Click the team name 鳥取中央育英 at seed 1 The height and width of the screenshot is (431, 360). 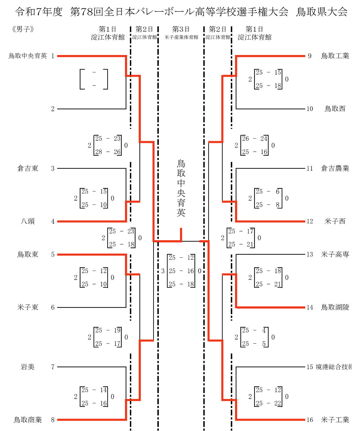coord(28,56)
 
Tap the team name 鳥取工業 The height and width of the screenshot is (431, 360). coord(335,56)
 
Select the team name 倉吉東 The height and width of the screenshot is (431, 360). coord(28,168)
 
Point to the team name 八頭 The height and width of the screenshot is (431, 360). coord(28,221)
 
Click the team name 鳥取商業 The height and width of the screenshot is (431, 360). coord(28,420)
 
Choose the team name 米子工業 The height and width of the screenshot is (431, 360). coord(335,420)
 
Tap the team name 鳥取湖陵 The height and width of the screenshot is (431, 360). coord(335,307)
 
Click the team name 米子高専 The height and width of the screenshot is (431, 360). coord(335,254)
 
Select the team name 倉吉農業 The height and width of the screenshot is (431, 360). coord(335,168)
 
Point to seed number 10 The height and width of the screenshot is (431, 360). coord(310,109)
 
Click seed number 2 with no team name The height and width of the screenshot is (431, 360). coord(53,109)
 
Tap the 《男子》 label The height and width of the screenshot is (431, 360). coord(23,30)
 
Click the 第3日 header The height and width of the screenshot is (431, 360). coord(181,29)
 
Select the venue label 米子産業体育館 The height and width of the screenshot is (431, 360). coord(181,37)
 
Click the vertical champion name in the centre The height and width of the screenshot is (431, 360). coord(181,188)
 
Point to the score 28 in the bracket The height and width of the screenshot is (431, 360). coord(99,152)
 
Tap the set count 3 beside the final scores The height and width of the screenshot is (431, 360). coord(163,271)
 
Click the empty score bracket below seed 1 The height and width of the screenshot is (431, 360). coord(94,79)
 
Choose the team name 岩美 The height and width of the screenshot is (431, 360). coord(28,367)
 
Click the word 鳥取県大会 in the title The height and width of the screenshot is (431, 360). coord(321,12)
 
